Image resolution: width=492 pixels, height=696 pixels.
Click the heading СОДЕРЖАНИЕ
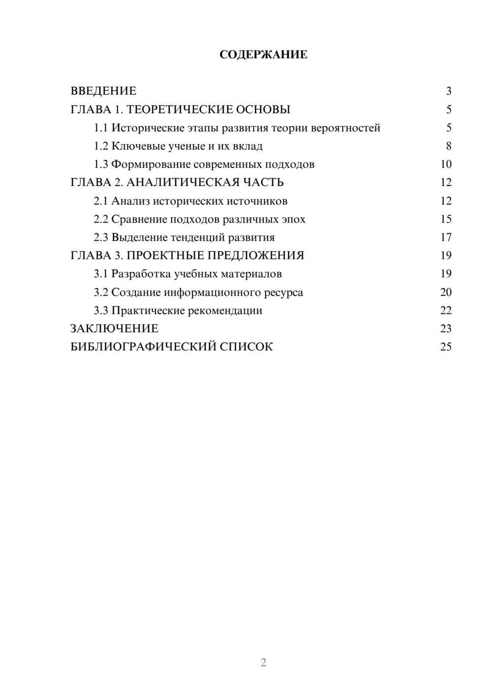tap(263, 55)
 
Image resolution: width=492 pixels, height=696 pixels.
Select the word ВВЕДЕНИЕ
tap(103, 91)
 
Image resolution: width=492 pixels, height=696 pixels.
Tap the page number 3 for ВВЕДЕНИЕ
tap(448, 91)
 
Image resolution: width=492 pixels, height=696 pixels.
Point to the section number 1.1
tap(101, 128)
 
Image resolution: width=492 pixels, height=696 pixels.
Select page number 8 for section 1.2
tap(448, 146)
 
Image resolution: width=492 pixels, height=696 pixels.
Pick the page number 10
tap(446, 164)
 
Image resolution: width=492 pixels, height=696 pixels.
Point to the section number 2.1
tap(101, 201)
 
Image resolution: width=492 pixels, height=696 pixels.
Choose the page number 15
tap(446, 219)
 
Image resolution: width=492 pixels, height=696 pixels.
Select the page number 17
tap(446, 237)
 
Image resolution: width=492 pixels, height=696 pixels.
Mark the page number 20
tap(446, 292)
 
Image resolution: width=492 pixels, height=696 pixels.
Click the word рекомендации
tap(225, 311)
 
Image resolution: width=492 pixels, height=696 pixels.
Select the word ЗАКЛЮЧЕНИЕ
tap(114, 329)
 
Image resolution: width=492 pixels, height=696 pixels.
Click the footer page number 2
tap(263, 663)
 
